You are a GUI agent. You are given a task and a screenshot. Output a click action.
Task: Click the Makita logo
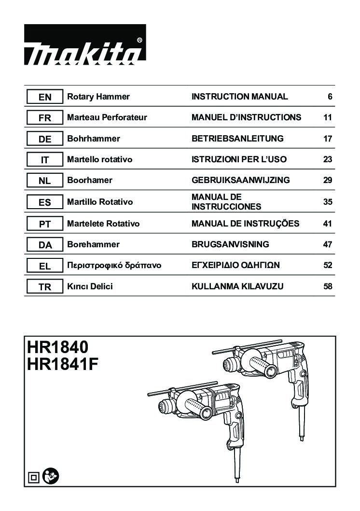click(84, 44)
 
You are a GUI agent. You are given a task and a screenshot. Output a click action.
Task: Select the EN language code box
click(44, 97)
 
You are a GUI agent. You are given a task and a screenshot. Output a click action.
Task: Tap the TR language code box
click(44, 286)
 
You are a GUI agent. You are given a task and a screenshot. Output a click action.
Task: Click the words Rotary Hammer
click(98, 97)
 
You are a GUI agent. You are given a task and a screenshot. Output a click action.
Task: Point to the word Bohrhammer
click(94, 139)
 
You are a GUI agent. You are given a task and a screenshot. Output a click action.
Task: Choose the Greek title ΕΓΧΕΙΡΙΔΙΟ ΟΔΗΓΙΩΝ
click(235, 265)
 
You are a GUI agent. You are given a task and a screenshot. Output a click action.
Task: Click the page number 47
click(328, 244)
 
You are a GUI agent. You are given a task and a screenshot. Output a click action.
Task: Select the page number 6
click(330, 97)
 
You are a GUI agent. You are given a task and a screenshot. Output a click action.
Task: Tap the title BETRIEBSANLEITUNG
click(237, 139)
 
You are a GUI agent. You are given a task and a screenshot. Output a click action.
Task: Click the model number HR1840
click(57, 347)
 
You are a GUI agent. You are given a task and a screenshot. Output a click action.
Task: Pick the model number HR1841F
click(63, 364)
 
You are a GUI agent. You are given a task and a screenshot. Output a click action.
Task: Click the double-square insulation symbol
click(33, 478)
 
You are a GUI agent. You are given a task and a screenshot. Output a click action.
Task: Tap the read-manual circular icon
click(51, 476)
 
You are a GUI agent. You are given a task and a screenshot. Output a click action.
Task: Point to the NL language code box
click(44, 181)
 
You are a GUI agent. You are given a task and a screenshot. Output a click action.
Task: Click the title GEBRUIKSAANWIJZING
click(240, 180)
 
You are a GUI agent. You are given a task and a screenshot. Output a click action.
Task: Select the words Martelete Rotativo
click(103, 224)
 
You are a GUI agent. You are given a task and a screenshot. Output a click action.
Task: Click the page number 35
click(328, 202)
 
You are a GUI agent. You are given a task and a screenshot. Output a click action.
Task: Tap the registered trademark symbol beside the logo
click(139, 41)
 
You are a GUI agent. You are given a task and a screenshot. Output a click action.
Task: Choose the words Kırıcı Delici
click(90, 286)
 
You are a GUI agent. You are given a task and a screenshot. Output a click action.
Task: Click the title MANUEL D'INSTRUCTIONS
click(247, 117)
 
